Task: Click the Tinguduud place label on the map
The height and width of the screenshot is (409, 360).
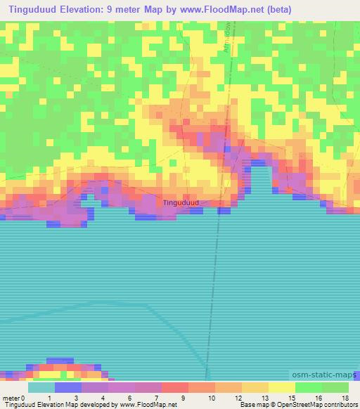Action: (x=181, y=202)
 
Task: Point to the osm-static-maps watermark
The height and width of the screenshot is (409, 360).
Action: (x=322, y=376)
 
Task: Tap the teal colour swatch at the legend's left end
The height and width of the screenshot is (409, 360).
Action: (x=41, y=387)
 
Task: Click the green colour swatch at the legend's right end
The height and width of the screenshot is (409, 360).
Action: (x=335, y=387)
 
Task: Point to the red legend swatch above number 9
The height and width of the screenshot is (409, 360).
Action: (x=174, y=387)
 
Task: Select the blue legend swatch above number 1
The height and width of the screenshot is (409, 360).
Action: (x=67, y=387)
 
